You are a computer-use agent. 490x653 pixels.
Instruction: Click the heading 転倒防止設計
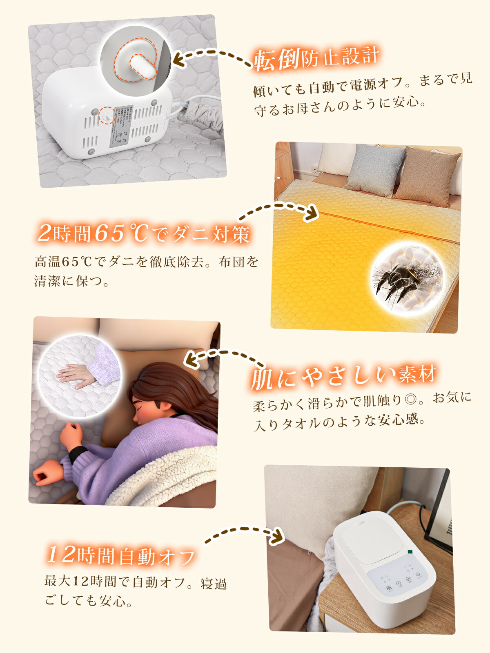coord(316,58)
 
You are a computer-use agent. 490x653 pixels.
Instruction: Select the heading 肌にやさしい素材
coord(343,376)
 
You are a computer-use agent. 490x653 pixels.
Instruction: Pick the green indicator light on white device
coord(409,552)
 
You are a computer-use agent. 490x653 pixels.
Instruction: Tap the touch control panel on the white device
coord(398,582)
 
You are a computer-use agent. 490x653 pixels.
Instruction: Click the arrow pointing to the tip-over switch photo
coord(212,55)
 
